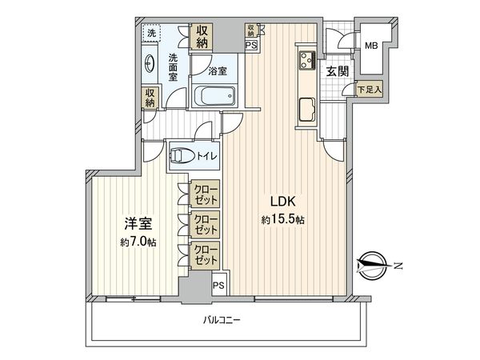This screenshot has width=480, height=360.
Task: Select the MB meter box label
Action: pyautogui.click(x=372, y=46)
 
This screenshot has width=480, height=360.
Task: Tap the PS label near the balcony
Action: pyautogui.click(x=218, y=284)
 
